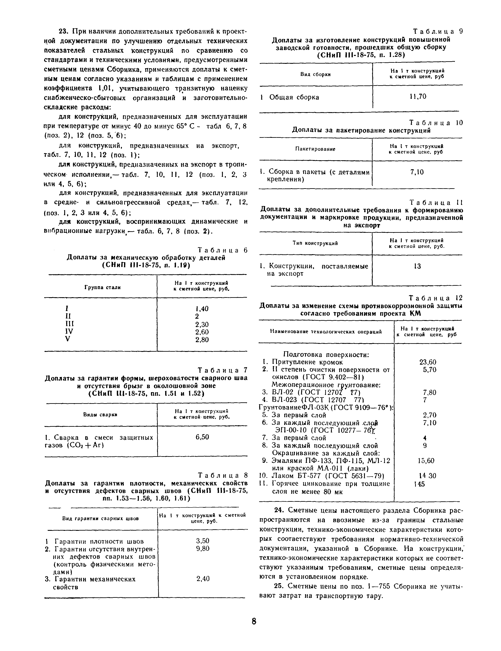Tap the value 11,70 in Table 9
coord(418,96)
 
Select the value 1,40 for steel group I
coord(202,309)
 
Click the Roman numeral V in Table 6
coord(68,339)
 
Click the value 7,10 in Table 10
coord(417,172)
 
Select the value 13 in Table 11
coord(417,266)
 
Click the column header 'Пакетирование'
coord(315,149)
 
